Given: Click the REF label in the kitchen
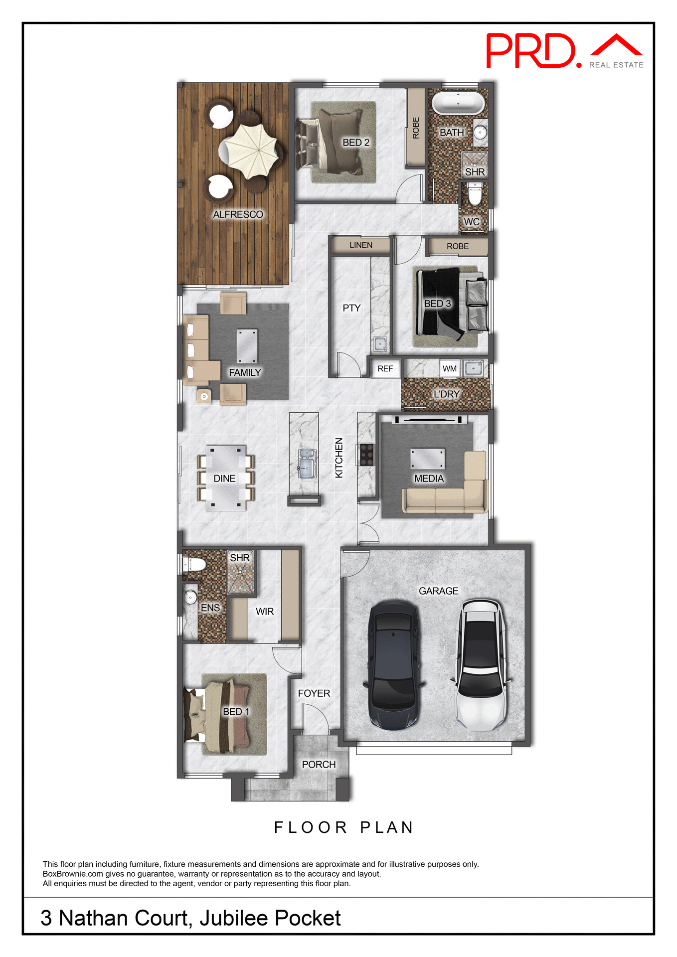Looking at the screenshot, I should pyautogui.click(x=385, y=369).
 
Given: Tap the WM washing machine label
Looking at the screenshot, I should pyautogui.click(x=449, y=369).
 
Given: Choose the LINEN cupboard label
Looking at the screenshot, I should pyautogui.click(x=360, y=245).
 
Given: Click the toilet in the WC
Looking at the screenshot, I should pyautogui.click(x=475, y=194).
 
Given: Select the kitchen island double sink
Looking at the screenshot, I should pyautogui.click(x=306, y=464).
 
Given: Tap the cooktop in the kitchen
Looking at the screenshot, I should pyautogui.click(x=366, y=455).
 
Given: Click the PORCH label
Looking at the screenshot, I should pyautogui.click(x=319, y=765).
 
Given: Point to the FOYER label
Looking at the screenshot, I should pyautogui.click(x=314, y=693).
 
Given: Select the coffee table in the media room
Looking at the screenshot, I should pyautogui.click(x=428, y=459).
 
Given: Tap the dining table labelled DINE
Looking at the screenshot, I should pyautogui.click(x=225, y=478).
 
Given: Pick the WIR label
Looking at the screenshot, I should pyautogui.click(x=265, y=612).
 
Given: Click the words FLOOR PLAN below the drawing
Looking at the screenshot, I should pyautogui.click(x=344, y=828).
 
